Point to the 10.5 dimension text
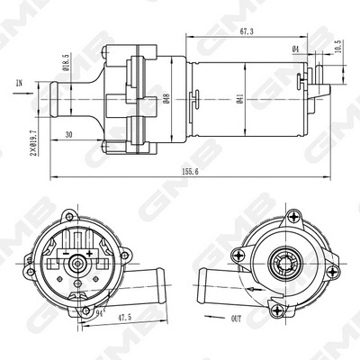point(338,47)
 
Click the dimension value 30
point(68,135)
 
